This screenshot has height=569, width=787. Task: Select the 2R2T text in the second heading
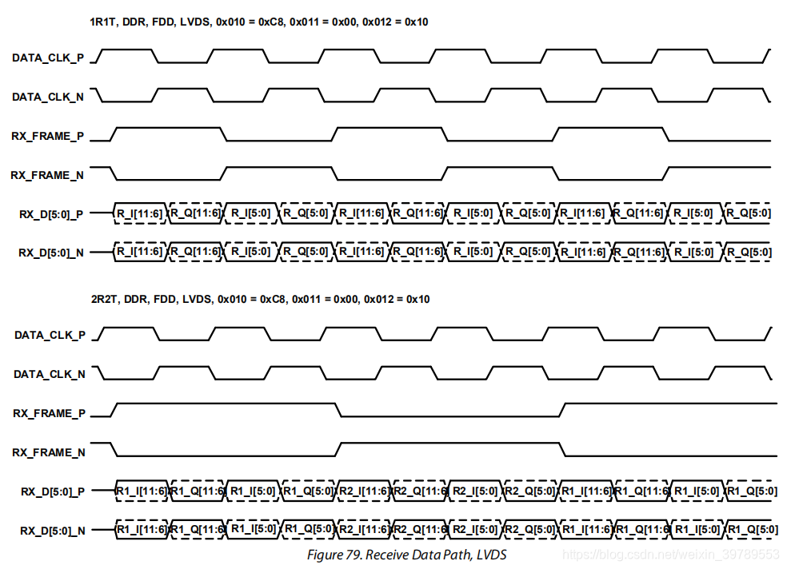click(x=105, y=299)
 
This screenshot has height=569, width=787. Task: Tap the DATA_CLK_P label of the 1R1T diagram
click(x=48, y=58)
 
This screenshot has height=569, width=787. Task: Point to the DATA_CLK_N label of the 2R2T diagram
click(x=50, y=374)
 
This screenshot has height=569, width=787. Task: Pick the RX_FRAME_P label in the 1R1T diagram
click(x=48, y=136)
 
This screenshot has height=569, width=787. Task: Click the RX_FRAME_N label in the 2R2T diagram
click(x=49, y=452)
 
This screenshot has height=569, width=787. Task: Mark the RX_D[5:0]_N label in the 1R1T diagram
click(x=51, y=253)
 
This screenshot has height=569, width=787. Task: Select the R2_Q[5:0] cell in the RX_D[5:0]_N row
click(x=530, y=529)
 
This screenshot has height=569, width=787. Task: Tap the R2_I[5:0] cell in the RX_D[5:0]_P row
click(x=475, y=491)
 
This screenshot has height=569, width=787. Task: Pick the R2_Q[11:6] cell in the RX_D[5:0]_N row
click(x=420, y=529)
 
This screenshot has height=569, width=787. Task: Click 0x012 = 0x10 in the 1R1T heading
click(x=395, y=22)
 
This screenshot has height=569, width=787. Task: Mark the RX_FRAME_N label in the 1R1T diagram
click(x=48, y=175)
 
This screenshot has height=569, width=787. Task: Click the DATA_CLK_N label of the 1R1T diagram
click(x=48, y=97)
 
